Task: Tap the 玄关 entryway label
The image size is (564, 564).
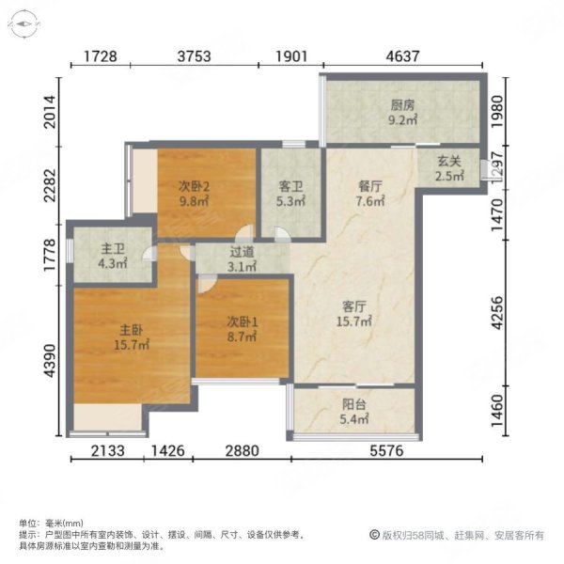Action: tap(447, 160)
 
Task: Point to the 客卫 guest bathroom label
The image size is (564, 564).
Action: tap(290, 185)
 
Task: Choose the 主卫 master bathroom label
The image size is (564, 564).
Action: tap(113, 249)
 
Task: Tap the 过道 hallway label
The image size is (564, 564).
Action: tap(242, 252)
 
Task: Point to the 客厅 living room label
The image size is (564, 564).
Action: tap(353, 305)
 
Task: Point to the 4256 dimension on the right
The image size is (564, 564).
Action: tap(499, 320)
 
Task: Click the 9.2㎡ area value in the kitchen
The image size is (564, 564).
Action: tap(402, 120)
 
